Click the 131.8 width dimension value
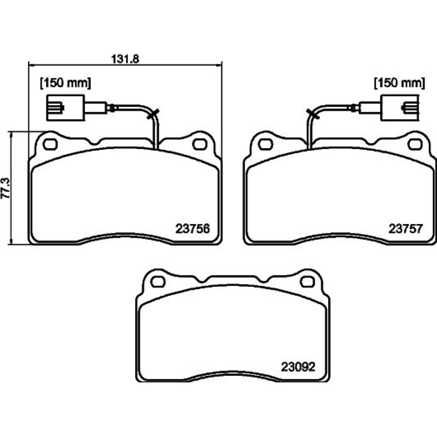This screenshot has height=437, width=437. click(x=125, y=59)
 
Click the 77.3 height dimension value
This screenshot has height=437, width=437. click(x=6, y=188)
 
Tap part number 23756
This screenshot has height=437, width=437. click(x=192, y=229)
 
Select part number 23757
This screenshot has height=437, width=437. click(x=406, y=229)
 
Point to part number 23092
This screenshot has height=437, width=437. click(x=298, y=367)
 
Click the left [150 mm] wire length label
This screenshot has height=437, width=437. click(x=66, y=83)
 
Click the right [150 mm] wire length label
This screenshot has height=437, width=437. click(x=399, y=83)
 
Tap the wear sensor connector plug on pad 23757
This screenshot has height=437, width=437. click(x=399, y=108)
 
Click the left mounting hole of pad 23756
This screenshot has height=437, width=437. click(x=50, y=144)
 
